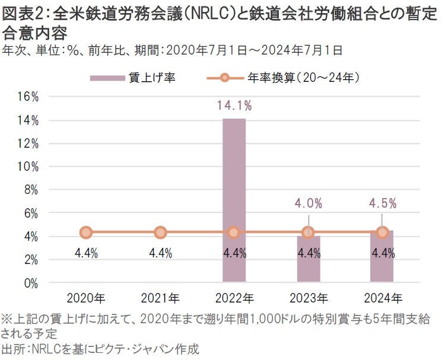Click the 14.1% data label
tap(234, 106)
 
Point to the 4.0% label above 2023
tap(309, 203)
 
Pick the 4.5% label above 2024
tap(382, 203)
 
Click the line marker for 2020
tap(86, 232)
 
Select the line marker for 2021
tap(160, 232)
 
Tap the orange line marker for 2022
tap(234, 232)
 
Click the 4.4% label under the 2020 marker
tap(86, 253)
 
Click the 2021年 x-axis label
tap(160, 297)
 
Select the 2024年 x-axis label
tap(382, 297)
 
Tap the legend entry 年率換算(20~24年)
tap(311, 77)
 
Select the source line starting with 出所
tap(101, 349)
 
